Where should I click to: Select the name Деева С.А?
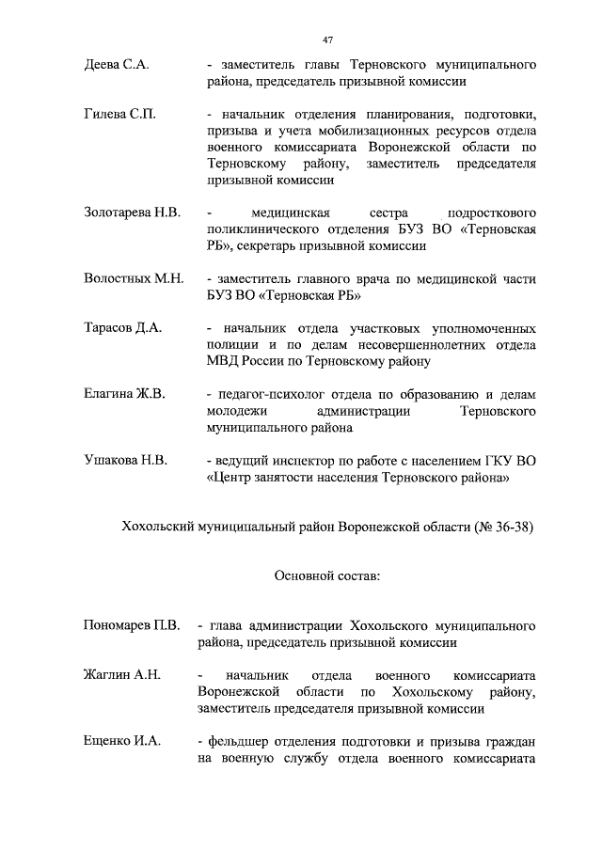click(x=117, y=66)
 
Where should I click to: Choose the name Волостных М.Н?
click(x=133, y=279)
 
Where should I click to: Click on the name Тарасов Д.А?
click(x=123, y=328)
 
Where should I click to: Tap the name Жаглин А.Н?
click(x=122, y=675)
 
